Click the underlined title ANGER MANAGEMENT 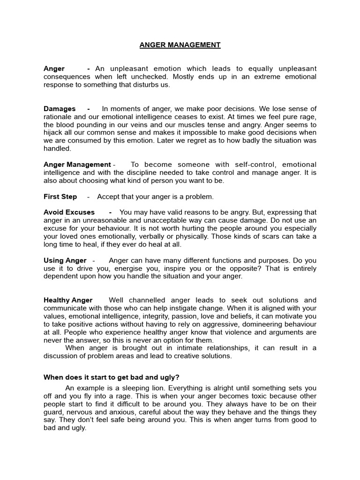pos(180,45)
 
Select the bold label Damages pos(60,109)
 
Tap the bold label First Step pos(60,196)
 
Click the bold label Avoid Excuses pos(69,212)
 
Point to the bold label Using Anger pos(65,260)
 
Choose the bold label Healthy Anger pos(68,300)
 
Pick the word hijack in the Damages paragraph pos(54,133)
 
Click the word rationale pos(58,117)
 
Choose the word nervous pos(78,412)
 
